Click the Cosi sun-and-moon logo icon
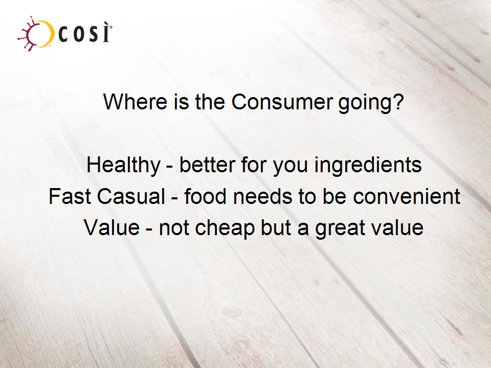(x=35, y=34)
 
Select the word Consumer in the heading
(x=282, y=102)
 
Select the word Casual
(x=131, y=196)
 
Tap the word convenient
(x=407, y=196)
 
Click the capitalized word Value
(x=112, y=227)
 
